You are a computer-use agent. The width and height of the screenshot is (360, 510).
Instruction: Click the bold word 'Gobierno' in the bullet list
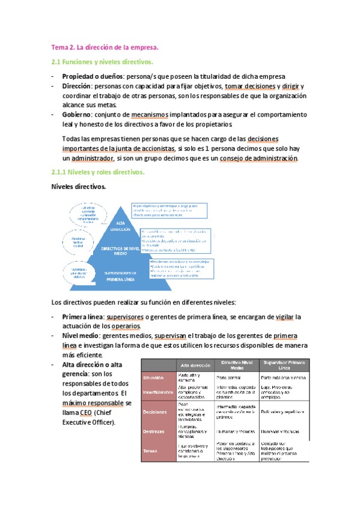click(x=79, y=114)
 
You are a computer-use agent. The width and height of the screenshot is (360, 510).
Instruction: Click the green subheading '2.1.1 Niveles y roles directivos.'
click(x=97, y=173)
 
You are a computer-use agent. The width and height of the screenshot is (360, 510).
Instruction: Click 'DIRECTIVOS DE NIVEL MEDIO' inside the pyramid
click(x=118, y=251)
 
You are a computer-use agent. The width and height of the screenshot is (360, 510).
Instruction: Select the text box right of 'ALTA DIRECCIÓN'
click(x=169, y=210)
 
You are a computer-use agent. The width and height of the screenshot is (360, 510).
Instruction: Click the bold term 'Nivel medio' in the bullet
click(x=81, y=336)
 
